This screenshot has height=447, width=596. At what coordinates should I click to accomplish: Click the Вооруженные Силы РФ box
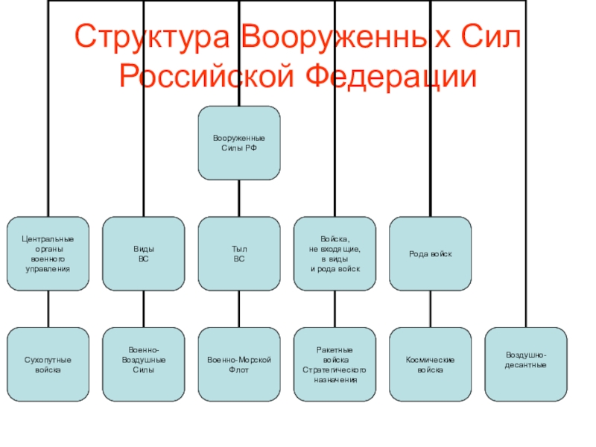[239, 143]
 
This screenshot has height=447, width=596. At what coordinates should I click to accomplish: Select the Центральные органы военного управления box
[48, 253]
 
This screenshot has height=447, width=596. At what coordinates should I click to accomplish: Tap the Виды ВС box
[144, 253]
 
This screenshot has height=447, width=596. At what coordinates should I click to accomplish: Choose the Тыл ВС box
[239, 253]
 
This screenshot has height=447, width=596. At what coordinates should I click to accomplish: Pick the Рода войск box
[431, 253]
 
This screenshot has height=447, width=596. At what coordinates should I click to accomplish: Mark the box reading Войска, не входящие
[335, 253]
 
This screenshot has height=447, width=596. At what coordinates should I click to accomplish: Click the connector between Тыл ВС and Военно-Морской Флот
[239, 308]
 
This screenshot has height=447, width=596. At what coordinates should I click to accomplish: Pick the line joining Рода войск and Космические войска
[431, 308]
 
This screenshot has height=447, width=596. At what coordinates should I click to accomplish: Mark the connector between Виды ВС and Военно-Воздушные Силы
[144, 308]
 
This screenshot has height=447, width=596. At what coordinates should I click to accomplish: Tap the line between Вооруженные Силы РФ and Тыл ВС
[239, 198]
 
